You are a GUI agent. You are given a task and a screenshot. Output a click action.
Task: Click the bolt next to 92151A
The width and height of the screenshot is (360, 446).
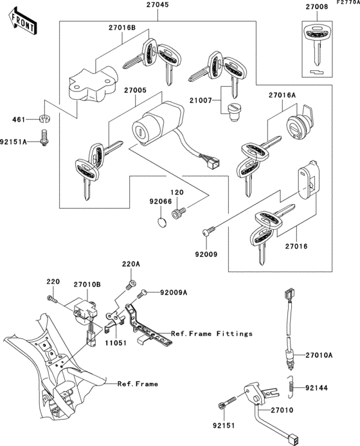(x=46, y=138)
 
